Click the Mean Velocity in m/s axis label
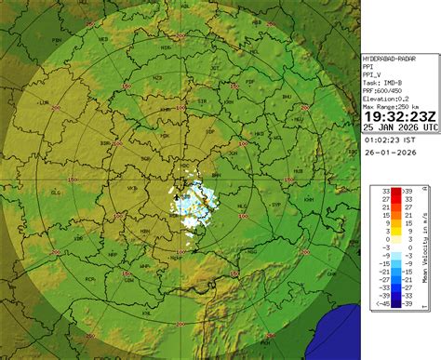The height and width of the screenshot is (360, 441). [x=425, y=247]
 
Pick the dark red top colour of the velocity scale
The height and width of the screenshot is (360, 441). [x=395, y=192]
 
